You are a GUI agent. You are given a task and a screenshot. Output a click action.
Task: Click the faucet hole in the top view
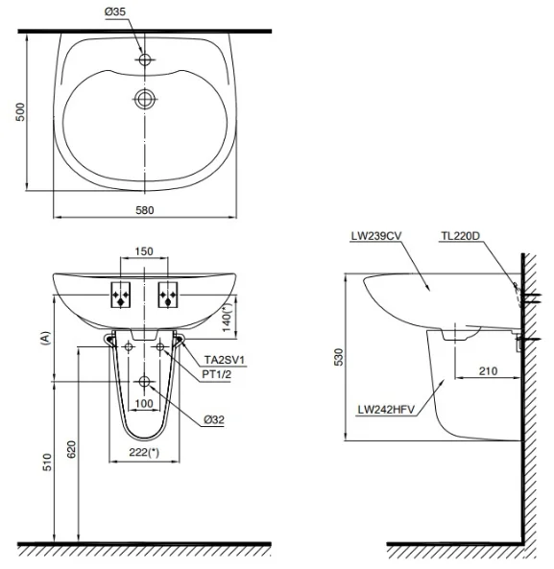[145, 59]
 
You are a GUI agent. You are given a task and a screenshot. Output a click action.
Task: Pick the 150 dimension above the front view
[144, 250]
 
